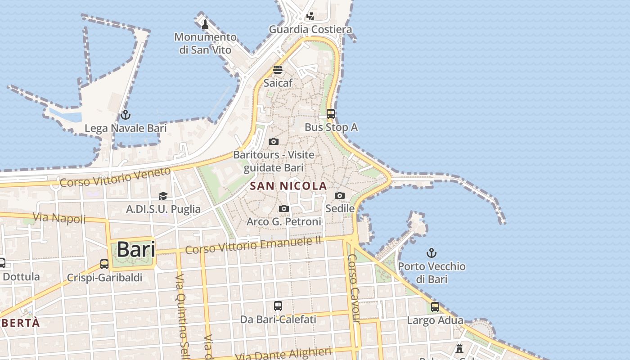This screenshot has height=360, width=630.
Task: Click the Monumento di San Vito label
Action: [205, 43]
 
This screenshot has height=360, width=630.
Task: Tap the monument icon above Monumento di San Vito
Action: [205, 24]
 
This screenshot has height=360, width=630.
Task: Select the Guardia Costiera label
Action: [310, 30]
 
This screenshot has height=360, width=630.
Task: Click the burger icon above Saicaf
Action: [278, 70]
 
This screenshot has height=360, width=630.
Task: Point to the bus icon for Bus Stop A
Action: [331, 114]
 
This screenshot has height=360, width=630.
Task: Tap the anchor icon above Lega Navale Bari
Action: [126, 115]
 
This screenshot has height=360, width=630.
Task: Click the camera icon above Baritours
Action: [273, 142]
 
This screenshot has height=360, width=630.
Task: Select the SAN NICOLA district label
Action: [288, 186]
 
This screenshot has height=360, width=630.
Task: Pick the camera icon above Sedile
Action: [340, 195]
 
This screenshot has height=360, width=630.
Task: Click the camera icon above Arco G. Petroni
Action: [284, 208]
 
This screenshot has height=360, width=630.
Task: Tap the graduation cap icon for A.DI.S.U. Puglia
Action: [163, 196]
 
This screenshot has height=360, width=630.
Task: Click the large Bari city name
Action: [136, 250]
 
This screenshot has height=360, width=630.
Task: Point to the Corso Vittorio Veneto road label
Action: [115, 177]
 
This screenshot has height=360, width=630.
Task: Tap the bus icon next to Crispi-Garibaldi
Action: [104, 264]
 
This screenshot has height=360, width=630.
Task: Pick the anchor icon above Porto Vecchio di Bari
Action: [432, 252]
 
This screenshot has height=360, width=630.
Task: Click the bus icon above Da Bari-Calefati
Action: [278, 306]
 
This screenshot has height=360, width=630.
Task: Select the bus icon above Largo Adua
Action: [435, 307]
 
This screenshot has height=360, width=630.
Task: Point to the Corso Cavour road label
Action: [354, 288]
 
